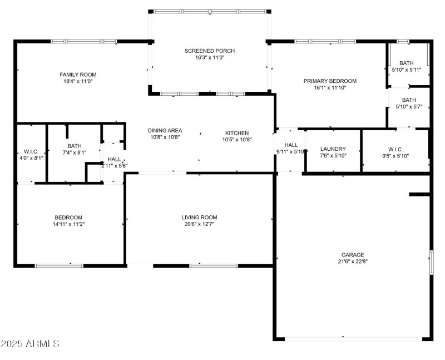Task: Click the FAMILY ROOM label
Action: click(x=78, y=75)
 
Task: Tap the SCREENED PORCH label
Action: click(x=210, y=51)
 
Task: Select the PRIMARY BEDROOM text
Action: click(x=330, y=81)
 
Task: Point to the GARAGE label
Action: click(x=353, y=254)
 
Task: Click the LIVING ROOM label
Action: click(x=199, y=217)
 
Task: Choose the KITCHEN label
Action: click(x=236, y=133)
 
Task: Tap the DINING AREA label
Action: click(x=165, y=131)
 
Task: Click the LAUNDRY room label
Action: click(x=333, y=149)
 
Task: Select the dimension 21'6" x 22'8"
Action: click(x=353, y=262)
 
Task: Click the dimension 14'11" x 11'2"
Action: click(x=68, y=224)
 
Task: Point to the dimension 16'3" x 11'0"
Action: click(x=210, y=58)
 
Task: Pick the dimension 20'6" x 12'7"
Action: click(x=199, y=224)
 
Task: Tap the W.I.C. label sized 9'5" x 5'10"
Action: click(x=395, y=149)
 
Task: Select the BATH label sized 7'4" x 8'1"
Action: click(x=74, y=146)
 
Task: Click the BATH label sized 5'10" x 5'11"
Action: click(x=407, y=63)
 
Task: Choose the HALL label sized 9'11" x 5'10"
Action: click(x=291, y=145)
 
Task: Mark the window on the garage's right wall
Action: click(x=431, y=262)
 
